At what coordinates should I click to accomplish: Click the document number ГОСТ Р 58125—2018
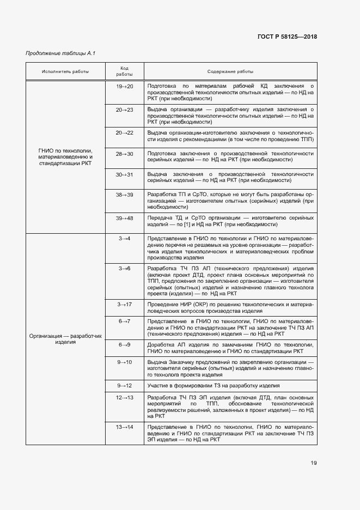click(x=286, y=37)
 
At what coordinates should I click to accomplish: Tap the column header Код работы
click(x=124, y=71)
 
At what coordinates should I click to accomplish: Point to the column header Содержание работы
click(x=230, y=71)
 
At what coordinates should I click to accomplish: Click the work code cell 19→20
click(x=124, y=86)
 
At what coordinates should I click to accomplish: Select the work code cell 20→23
click(x=124, y=110)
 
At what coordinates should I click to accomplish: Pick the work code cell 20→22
click(x=124, y=132)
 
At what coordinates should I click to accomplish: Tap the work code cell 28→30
click(x=124, y=154)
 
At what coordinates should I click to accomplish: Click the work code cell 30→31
click(x=124, y=174)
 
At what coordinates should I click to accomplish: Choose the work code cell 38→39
click(x=124, y=195)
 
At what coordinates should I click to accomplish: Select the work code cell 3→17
click(x=124, y=303)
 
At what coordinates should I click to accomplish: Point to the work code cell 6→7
click(x=124, y=321)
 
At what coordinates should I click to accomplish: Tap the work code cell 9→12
click(x=124, y=385)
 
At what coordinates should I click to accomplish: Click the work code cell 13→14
click(x=124, y=426)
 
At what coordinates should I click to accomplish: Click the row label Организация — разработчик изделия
click(x=66, y=339)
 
